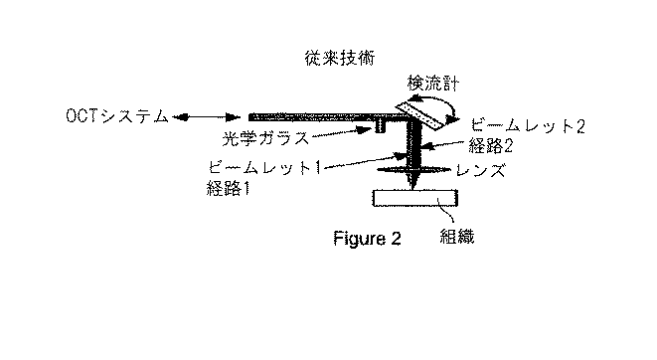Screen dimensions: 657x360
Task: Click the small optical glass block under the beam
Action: click(380, 126)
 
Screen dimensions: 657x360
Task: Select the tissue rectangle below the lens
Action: click(412, 198)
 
